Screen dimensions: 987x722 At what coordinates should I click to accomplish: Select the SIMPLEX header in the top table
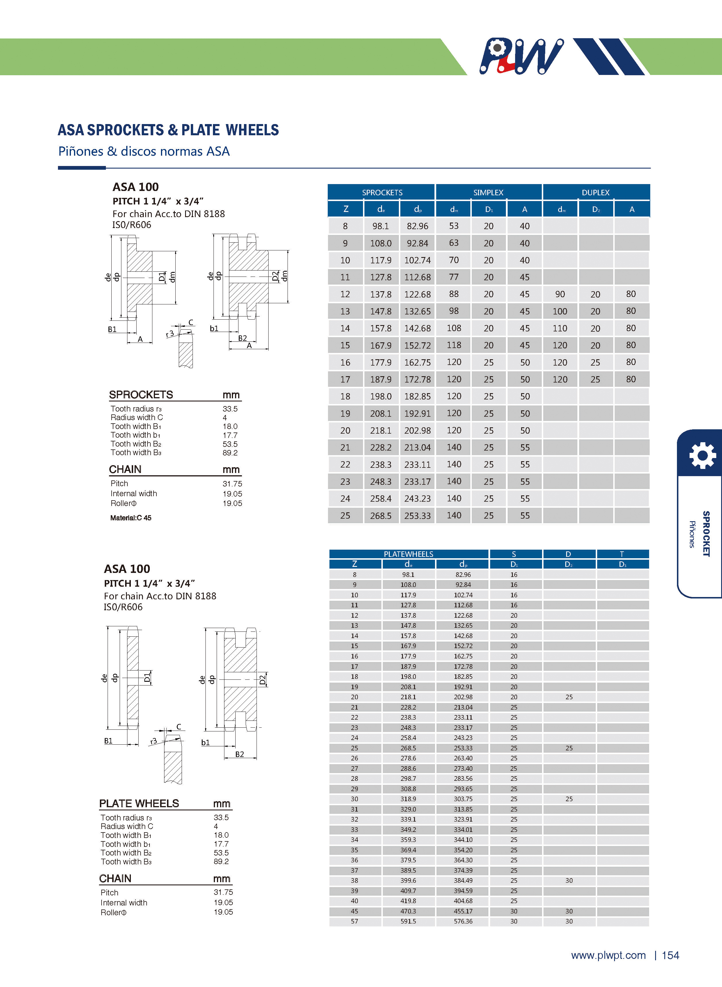click(488, 192)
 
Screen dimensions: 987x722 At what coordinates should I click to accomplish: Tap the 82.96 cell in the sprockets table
click(417, 226)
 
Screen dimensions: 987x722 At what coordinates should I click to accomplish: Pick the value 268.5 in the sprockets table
click(381, 515)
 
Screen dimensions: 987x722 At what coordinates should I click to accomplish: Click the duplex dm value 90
click(560, 294)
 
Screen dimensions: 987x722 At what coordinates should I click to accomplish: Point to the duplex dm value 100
click(560, 311)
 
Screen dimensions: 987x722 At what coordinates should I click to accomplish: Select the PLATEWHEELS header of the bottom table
click(408, 554)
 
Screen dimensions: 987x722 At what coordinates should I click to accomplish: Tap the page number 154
click(670, 955)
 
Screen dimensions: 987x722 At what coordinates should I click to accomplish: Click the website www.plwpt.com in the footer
click(608, 955)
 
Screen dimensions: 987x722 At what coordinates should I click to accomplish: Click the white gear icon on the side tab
click(702, 456)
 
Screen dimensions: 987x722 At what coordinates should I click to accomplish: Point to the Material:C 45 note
click(131, 518)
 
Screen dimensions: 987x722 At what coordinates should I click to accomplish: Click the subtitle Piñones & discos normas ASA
click(144, 151)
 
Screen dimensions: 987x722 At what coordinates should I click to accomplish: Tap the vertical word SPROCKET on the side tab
click(706, 534)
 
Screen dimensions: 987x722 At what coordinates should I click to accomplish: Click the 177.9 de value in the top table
click(381, 362)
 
